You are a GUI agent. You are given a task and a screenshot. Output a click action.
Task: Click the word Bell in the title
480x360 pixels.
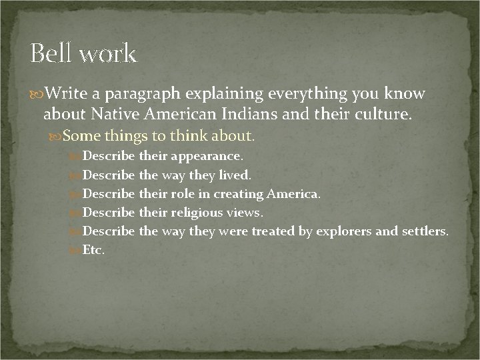click(51, 53)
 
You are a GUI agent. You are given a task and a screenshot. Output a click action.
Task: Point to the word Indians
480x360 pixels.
click(237, 114)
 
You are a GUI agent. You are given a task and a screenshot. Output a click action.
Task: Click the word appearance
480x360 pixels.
click(207, 157)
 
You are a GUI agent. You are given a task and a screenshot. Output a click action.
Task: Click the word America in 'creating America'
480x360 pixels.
click(293, 194)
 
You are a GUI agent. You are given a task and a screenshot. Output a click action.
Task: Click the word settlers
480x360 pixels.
click(423, 231)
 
